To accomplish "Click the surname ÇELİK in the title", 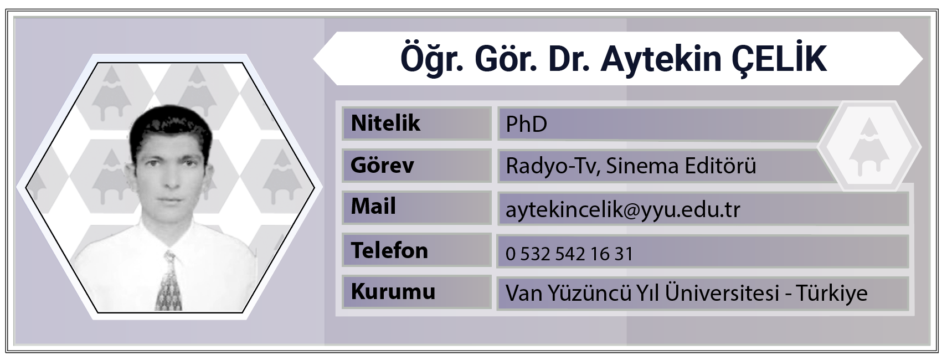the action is [779, 60].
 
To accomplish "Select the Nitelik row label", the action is [385, 123].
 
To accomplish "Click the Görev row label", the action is [382, 164].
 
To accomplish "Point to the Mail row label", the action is [373, 207].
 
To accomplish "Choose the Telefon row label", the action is [389, 250].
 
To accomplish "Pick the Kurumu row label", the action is [393, 291].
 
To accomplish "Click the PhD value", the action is [526, 124].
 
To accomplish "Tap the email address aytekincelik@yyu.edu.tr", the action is [622, 209].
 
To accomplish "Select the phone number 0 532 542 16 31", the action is [569, 254].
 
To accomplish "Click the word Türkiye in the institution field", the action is [832, 293].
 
